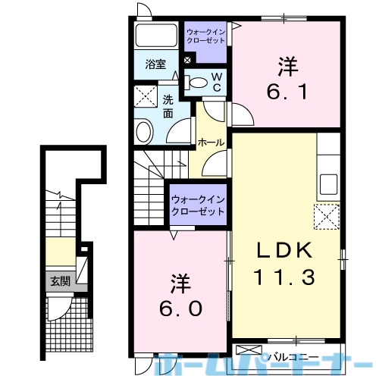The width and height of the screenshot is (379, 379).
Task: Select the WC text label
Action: [216, 82]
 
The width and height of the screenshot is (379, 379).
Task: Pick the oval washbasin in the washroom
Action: [144, 133]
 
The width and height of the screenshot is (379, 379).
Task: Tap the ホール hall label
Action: [209, 142]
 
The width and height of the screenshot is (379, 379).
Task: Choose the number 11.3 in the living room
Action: [286, 278]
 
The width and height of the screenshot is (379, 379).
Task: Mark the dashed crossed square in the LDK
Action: [327, 217]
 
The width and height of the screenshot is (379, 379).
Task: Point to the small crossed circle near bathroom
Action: [187, 59]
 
